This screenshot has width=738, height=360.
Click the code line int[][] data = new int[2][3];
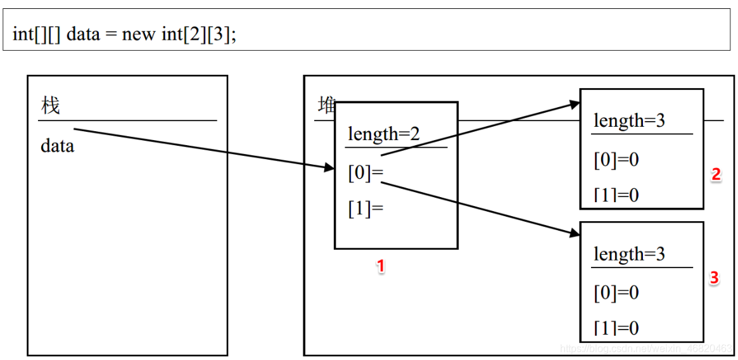click(124, 34)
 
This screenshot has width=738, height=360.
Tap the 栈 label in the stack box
click(50, 105)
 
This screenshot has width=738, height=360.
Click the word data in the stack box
click(57, 146)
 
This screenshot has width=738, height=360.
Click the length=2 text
click(384, 134)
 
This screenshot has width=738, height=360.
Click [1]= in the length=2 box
click(366, 209)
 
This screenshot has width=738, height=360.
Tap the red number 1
click(381, 267)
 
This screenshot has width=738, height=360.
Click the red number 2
click(716, 175)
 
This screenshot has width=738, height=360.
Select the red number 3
click(714, 278)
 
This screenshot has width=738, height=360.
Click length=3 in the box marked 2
click(629, 120)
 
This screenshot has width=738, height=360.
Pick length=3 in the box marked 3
click(629, 254)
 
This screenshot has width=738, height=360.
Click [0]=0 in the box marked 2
click(616, 160)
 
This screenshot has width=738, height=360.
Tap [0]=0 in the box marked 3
click(616, 293)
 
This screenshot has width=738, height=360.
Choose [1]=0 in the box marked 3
click(616, 328)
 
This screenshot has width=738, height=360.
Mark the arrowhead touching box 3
click(575, 233)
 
